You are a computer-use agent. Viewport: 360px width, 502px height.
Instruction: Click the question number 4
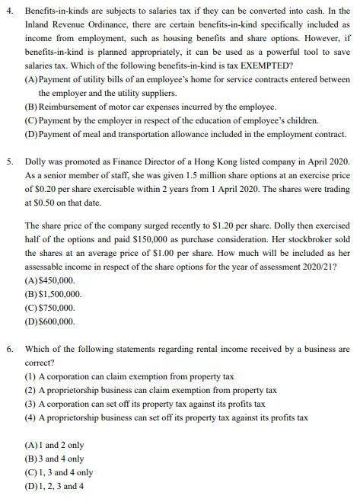coord(9,11)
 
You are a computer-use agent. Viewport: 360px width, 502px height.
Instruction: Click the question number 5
coord(9,162)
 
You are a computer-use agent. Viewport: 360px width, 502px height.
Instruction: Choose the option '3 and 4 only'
coord(60,459)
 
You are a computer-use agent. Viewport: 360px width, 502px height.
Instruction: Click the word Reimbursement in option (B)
coord(70,107)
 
